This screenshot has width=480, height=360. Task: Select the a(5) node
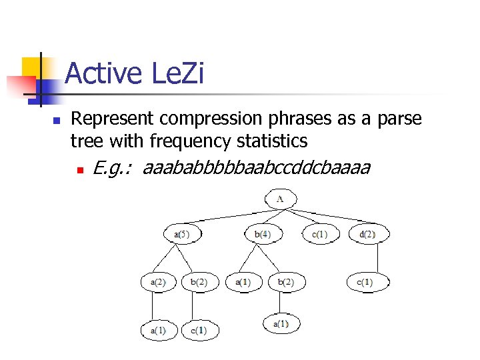click(x=182, y=234)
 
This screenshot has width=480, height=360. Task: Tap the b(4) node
click(x=262, y=234)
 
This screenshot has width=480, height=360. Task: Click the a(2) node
click(x=157, y=282)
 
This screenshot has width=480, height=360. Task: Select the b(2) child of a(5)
click(x=199, y=282)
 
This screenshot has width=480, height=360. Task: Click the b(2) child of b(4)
click(x=285, y=282)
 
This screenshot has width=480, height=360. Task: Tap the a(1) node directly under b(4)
click(x=243, y=282)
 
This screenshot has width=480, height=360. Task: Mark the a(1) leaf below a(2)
click(x=157, y=330)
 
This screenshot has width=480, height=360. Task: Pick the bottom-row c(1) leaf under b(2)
click(x=199, y=330)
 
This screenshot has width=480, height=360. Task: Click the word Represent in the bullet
click(x=113, y=119)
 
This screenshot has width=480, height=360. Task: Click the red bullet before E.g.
click(x=80, y=171)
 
